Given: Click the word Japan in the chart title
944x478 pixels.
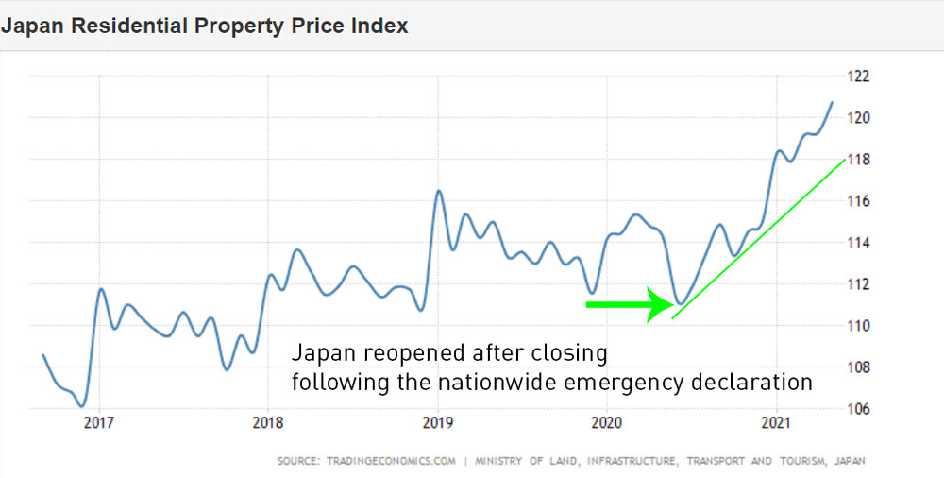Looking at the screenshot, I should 29,26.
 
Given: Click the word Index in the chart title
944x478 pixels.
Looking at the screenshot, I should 380,26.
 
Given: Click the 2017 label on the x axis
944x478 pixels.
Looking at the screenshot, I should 99,423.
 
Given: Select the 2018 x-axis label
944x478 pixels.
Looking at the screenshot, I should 268,423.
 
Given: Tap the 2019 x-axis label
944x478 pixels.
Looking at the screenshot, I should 437,423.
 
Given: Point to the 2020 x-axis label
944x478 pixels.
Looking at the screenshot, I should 606,423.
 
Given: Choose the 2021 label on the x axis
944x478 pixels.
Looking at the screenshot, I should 775,423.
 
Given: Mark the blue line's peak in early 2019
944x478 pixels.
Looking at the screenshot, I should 438,191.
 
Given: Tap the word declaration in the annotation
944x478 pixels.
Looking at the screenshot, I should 753,383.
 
